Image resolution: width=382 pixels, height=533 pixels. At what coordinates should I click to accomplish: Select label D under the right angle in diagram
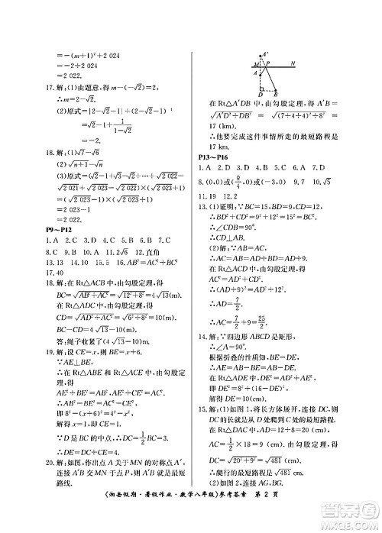tap(261, 93)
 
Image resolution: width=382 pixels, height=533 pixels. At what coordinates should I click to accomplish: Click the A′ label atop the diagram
tap(266, 54)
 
